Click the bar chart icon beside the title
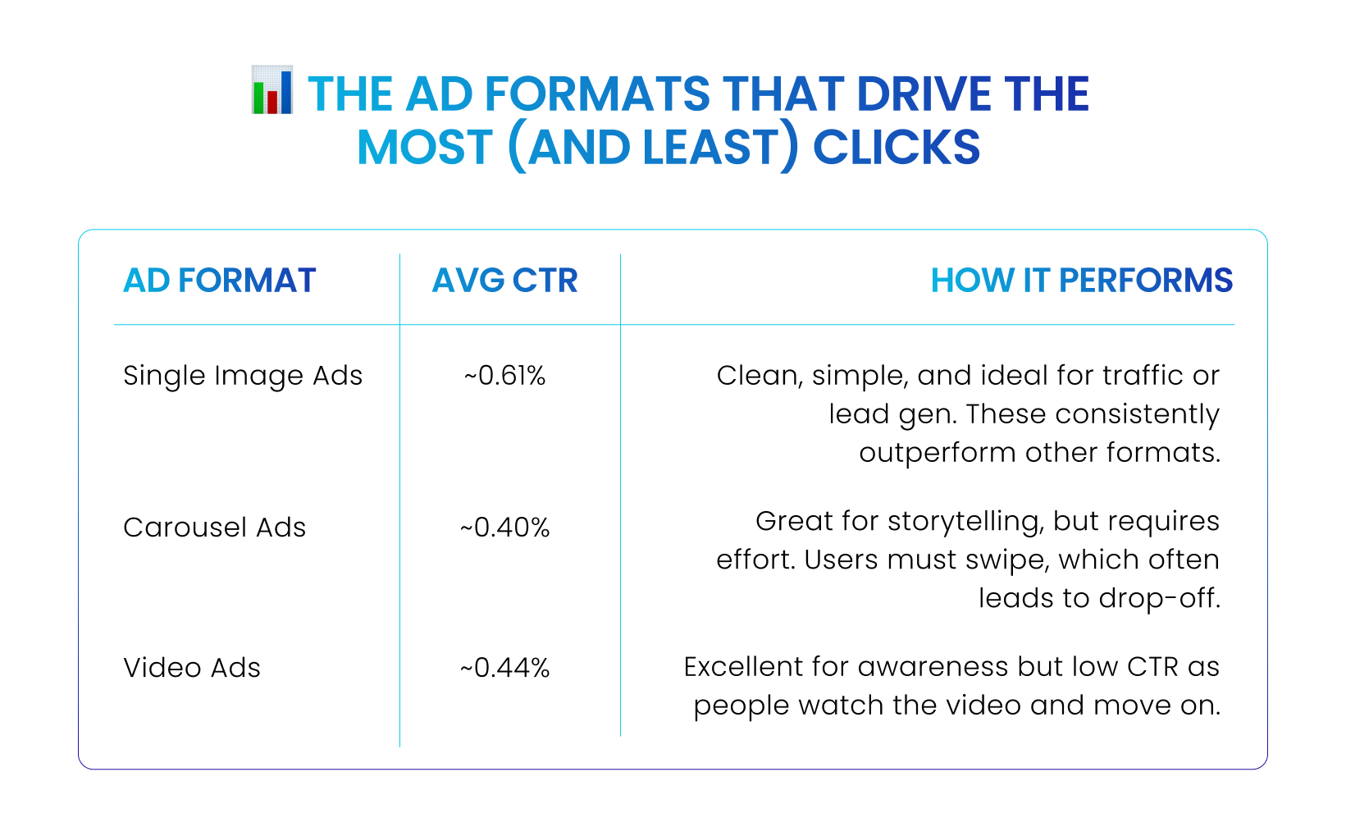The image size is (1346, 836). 272,89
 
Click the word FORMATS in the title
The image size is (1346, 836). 596,94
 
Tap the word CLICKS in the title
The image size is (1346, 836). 896,147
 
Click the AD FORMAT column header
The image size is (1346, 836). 219,280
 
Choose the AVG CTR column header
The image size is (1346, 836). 504,280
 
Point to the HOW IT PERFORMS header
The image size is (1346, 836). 1082,280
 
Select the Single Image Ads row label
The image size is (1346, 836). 243,377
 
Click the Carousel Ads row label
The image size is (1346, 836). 215,528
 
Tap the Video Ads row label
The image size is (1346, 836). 192,668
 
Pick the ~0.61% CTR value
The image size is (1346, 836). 504,376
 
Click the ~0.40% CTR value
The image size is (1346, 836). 504,528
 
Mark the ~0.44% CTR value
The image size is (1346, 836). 504,668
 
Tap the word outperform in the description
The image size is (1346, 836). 938,454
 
